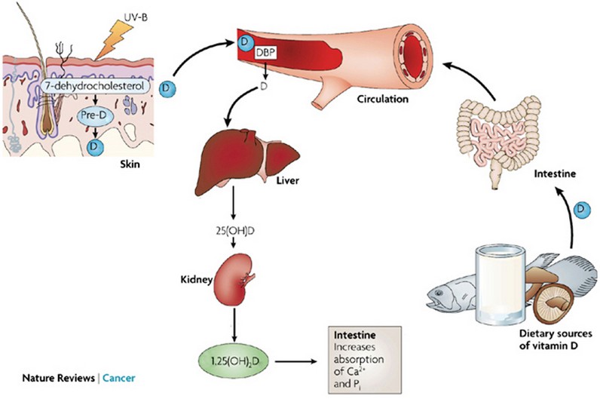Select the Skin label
point(132,163)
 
